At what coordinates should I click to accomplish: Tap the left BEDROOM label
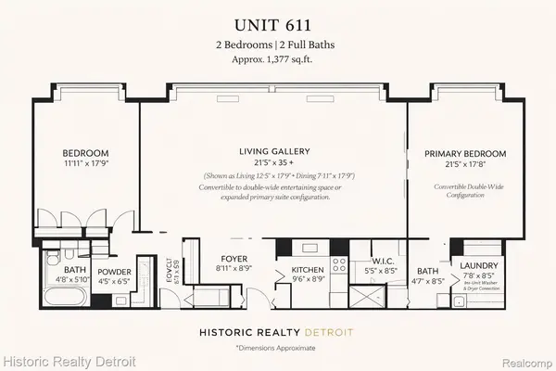click(86, 154)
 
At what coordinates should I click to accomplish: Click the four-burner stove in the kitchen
click(338, 270)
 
